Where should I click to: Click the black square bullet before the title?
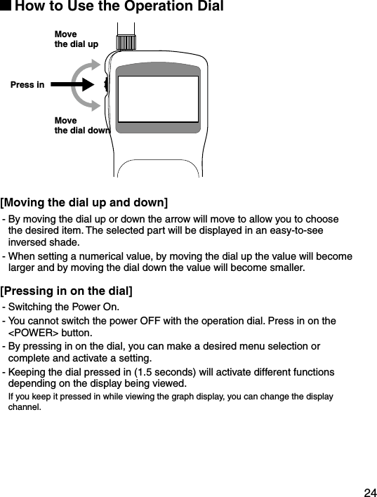click(6, 7)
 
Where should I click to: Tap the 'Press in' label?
click(27, 86)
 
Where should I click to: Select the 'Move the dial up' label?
click(76, 39)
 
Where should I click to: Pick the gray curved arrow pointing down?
click(84, 102)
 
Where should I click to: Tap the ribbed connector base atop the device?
click(126, 42)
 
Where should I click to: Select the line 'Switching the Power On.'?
click(65, 307)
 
